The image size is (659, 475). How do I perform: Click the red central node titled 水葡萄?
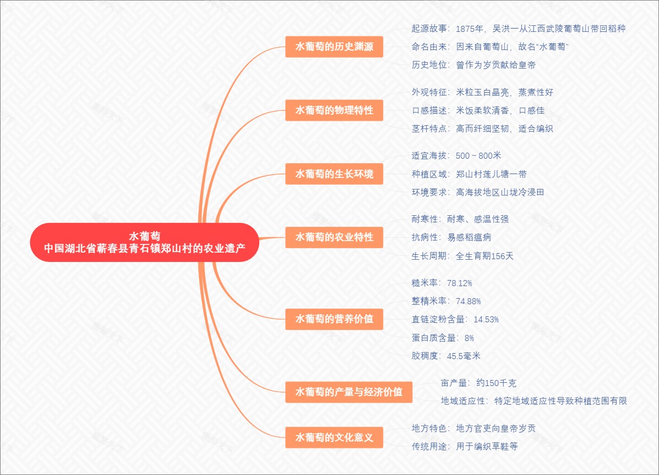click(x=144, y=242)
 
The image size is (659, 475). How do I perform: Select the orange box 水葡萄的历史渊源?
click(x=334, y=47)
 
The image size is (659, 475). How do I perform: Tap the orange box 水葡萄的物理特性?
click(x=334, y=110)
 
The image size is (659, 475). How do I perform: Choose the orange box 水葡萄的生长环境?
click(x=334, y=174)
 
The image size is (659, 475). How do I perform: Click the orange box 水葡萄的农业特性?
click(x=334, y=237)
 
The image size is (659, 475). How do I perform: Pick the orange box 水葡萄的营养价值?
click(x=334, y=319)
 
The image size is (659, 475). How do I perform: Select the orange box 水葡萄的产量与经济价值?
click(x=349, y=392)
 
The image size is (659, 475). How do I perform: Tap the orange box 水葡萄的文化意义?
click(x=334, y=438)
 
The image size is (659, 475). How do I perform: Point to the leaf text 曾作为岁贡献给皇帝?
click(x=495, y=65)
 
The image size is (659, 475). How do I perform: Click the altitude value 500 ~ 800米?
click(x=478, y=156)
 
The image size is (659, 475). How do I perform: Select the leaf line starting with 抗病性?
click(x=451, y=237)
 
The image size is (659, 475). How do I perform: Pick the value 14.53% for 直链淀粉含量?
click(x=486, y=319)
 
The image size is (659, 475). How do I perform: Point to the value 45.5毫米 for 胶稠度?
click(x=463, y=356)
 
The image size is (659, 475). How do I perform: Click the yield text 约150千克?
click(x=496, y=383)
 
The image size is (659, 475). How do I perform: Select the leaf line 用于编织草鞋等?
click(x=487, y=446)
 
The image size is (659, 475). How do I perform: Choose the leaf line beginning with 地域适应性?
click(x=534, y=401)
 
